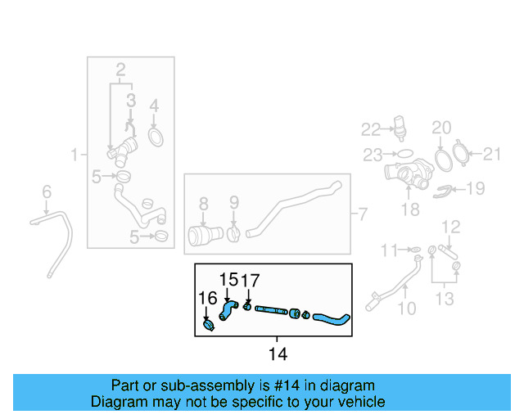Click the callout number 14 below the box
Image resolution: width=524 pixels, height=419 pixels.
(x=278, y=354)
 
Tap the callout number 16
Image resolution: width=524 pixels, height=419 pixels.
(x=207, y=298)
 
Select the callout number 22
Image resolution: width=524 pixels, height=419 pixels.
(x=371, y=129)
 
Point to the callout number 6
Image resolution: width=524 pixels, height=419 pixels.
(x=47, y=191)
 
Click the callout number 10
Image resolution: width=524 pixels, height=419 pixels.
(x=407, y=308)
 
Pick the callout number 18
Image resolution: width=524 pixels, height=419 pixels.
(x=410, y=209)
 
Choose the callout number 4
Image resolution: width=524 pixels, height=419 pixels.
(x=154, y=106)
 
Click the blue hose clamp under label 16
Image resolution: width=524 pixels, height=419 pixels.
(x=209, y=325)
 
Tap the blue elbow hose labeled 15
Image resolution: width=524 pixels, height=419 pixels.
(x=228, y=310)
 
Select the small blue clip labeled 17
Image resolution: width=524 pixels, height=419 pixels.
(x=247, y=306)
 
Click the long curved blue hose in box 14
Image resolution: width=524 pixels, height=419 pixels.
(x=331, y=319)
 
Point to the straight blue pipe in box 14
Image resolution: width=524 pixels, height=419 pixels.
(x=271, y=310)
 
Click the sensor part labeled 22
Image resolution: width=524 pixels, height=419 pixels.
(x=400, y=127)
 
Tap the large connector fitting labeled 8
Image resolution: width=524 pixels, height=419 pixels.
(x=205, y=235)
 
